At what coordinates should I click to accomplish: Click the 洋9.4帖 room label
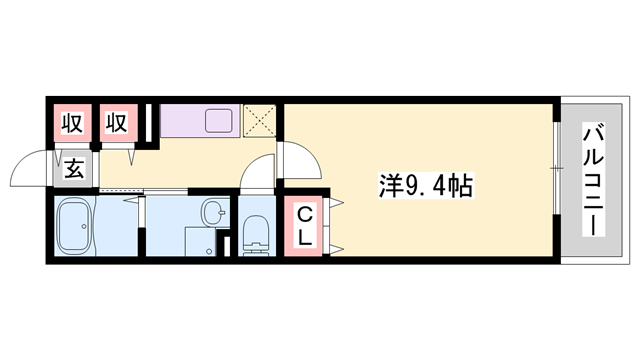425,185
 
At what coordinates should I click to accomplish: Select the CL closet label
305,229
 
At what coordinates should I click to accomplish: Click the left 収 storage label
71,125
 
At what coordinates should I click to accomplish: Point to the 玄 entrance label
74,168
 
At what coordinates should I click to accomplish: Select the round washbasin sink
212,212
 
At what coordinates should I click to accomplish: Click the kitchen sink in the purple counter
219,121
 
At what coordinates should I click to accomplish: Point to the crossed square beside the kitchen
261,122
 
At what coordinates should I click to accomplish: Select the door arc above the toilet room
257,173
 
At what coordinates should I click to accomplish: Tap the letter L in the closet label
305,239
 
